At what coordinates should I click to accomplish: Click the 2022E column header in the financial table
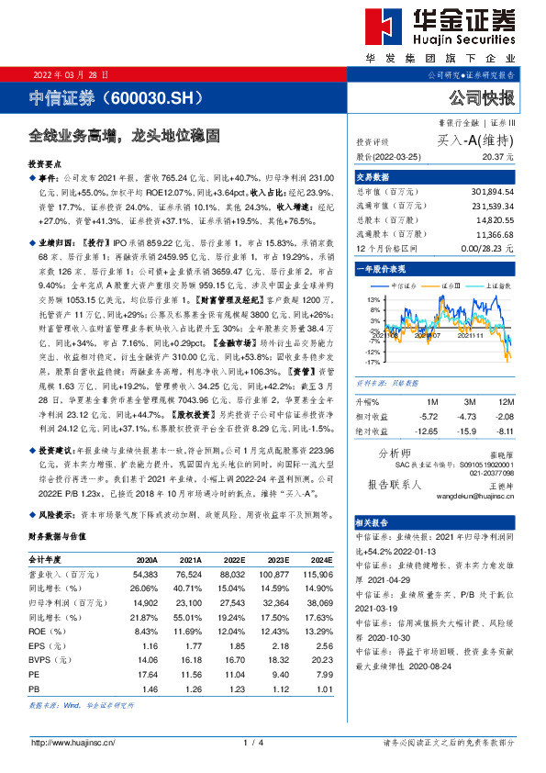point(233,558)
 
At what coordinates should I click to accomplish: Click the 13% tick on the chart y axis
point(372,299)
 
